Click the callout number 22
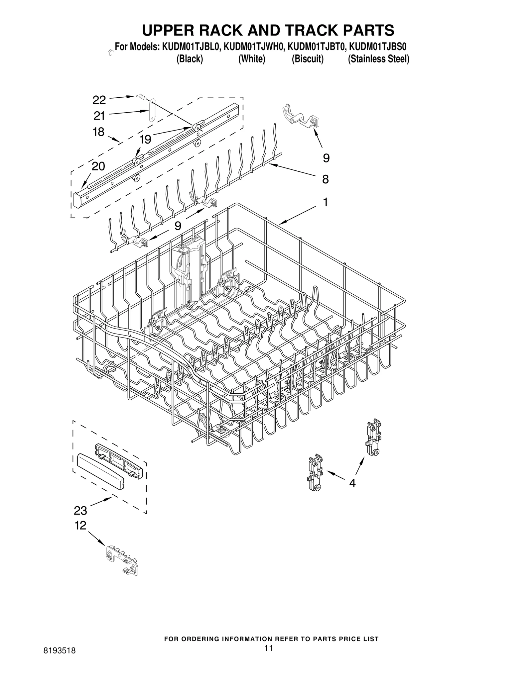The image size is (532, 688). (x=99, y=100)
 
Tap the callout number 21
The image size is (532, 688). (x=99, y=116)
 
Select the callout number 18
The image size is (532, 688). (x=98, y=132)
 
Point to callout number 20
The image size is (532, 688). (x=98, y=166)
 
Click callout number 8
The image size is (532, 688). (x=326, y=179)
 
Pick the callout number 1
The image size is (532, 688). (x=326, y=202)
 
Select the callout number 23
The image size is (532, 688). (x=80, y=510)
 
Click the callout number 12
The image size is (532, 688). (x=80, y=525)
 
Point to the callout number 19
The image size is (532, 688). (x=145, y=140)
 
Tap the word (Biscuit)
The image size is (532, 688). (x=308, y=59)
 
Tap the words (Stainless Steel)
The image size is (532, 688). (x=378, y=59)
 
